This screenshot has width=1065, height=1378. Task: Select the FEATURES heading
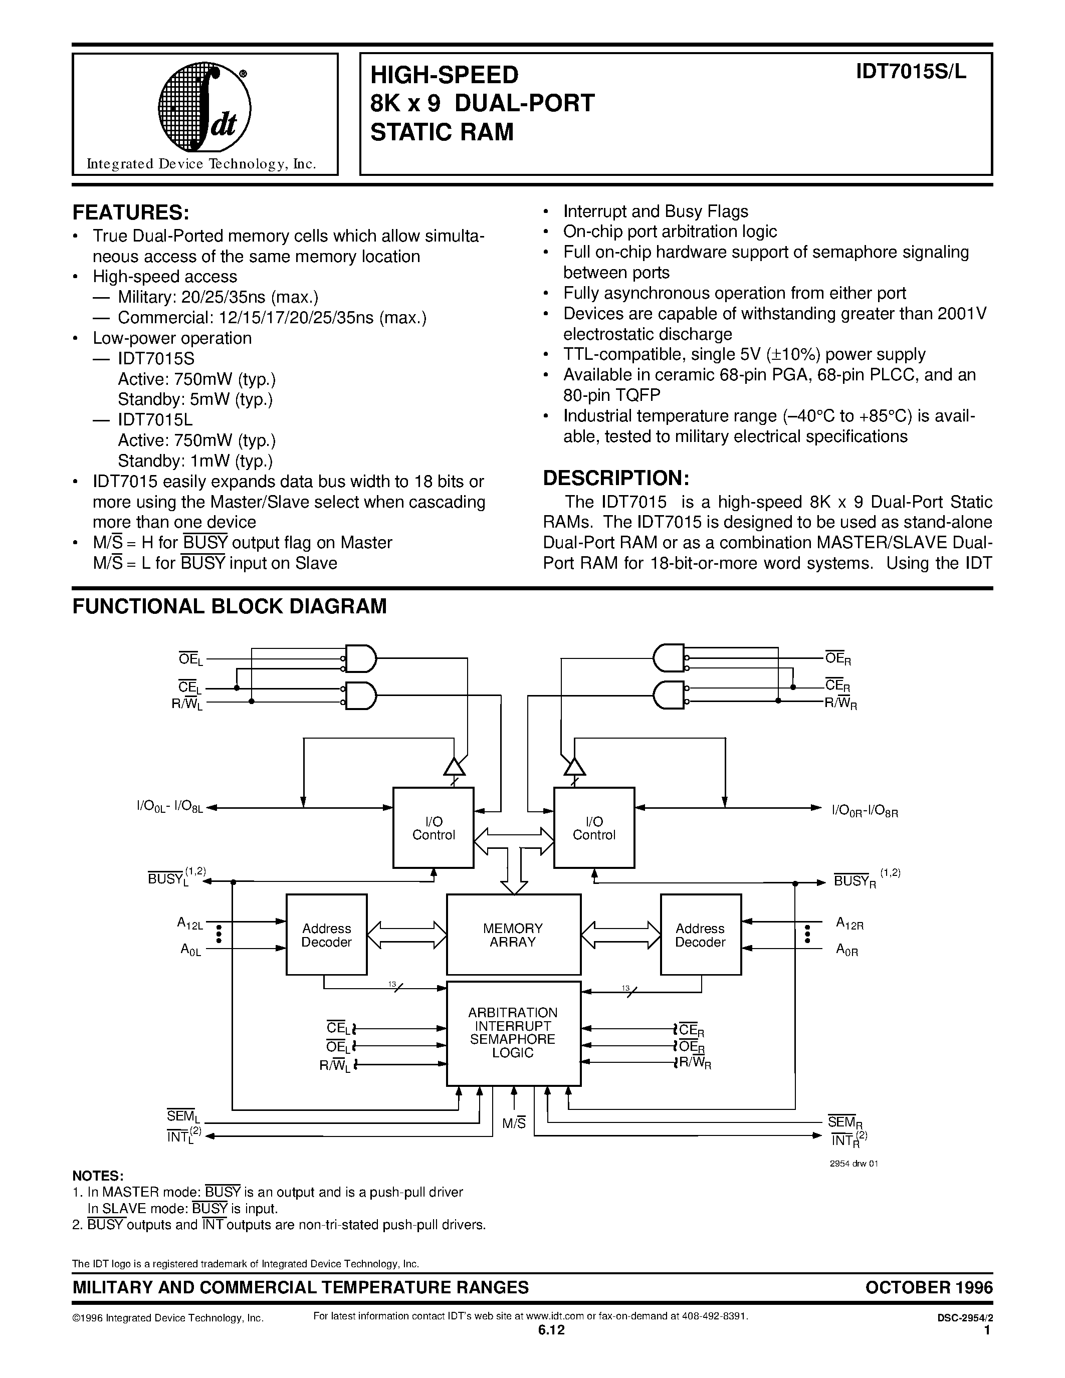(131, 212)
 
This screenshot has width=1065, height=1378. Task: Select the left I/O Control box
(433, 828)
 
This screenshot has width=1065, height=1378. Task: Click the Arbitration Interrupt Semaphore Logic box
(513, 1033)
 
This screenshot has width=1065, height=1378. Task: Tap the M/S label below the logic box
(514, 1123)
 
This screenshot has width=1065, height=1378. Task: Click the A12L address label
(189, 924)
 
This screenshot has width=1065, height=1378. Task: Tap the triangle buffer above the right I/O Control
(574, 766)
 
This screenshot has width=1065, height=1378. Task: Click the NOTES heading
(98, 1176)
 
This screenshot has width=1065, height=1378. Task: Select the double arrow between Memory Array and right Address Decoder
(620, 935)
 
